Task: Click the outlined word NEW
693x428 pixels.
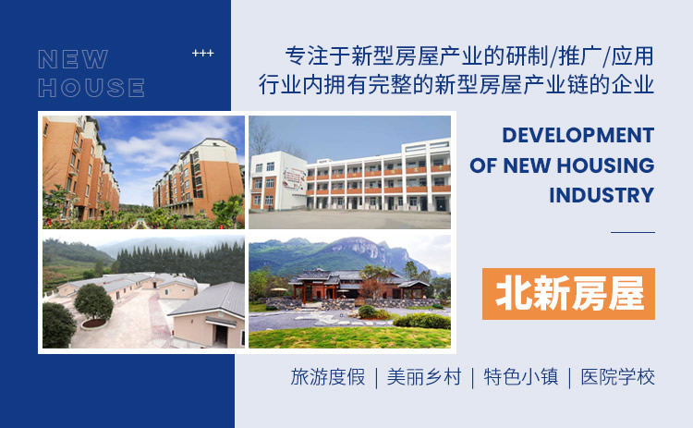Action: tap(73, 59)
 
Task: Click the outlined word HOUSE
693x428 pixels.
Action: tap(91, 87)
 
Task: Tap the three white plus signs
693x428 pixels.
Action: tap(203, 53)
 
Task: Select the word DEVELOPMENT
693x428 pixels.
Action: tap(578, 135)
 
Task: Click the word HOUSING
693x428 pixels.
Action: tap(605, 165)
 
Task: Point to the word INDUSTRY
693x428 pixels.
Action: tap(602, 195)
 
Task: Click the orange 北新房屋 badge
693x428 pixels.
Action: tap(568, 294)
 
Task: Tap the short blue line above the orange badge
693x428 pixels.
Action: tap(633, 232)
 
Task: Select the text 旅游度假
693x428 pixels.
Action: tap(328, 377)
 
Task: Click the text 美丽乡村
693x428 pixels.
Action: tap(424, 377)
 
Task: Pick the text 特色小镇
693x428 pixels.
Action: tap(521, 377)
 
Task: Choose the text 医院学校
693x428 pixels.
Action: tap(618, 377)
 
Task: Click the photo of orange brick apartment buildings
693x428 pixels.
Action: tap(143, 173)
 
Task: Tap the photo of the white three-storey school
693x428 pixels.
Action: tap(349, 173)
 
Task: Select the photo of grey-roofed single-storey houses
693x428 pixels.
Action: tap(143, 292)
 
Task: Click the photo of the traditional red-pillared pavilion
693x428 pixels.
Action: tap(349, 292)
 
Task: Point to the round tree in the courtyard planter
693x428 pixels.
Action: tap(93, 303)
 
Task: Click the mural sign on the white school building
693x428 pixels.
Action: tap(295, 179)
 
